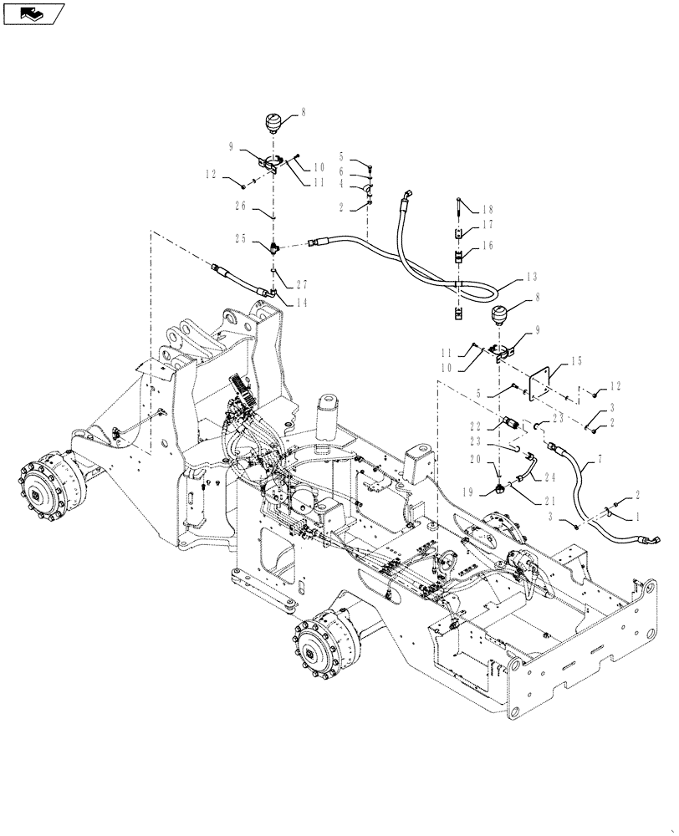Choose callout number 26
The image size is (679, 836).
[242, 205]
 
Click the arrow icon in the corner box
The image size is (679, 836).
[33, 13]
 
